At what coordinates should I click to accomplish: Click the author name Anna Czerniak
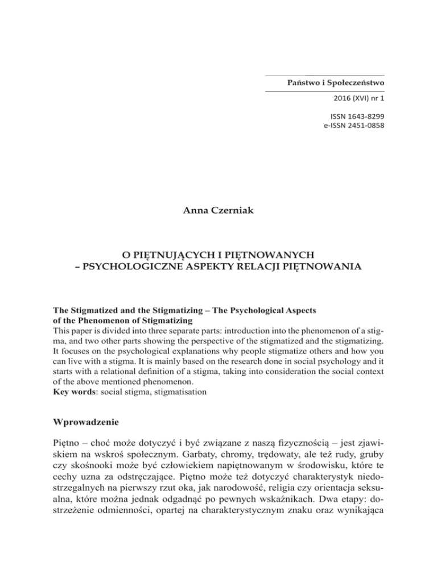(x=218, y=212)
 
